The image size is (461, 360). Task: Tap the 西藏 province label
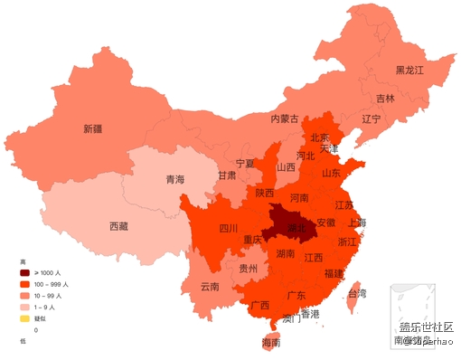(118, 226)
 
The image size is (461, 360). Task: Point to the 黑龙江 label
(409, 70)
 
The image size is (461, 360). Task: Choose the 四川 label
(228, 229)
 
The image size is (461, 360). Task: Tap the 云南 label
(210, 287)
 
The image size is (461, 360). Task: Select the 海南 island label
(271, 343)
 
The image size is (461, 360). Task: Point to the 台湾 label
(357, 293)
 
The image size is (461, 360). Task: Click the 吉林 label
(385, 98)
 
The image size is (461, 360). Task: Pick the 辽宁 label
(371, 118)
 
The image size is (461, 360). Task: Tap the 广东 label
(296, 295)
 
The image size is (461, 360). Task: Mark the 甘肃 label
(227, 175)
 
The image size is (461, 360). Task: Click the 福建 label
(333, 273)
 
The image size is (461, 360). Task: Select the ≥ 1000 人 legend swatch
(25, 272)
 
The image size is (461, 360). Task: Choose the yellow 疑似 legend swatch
(25, 318)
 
